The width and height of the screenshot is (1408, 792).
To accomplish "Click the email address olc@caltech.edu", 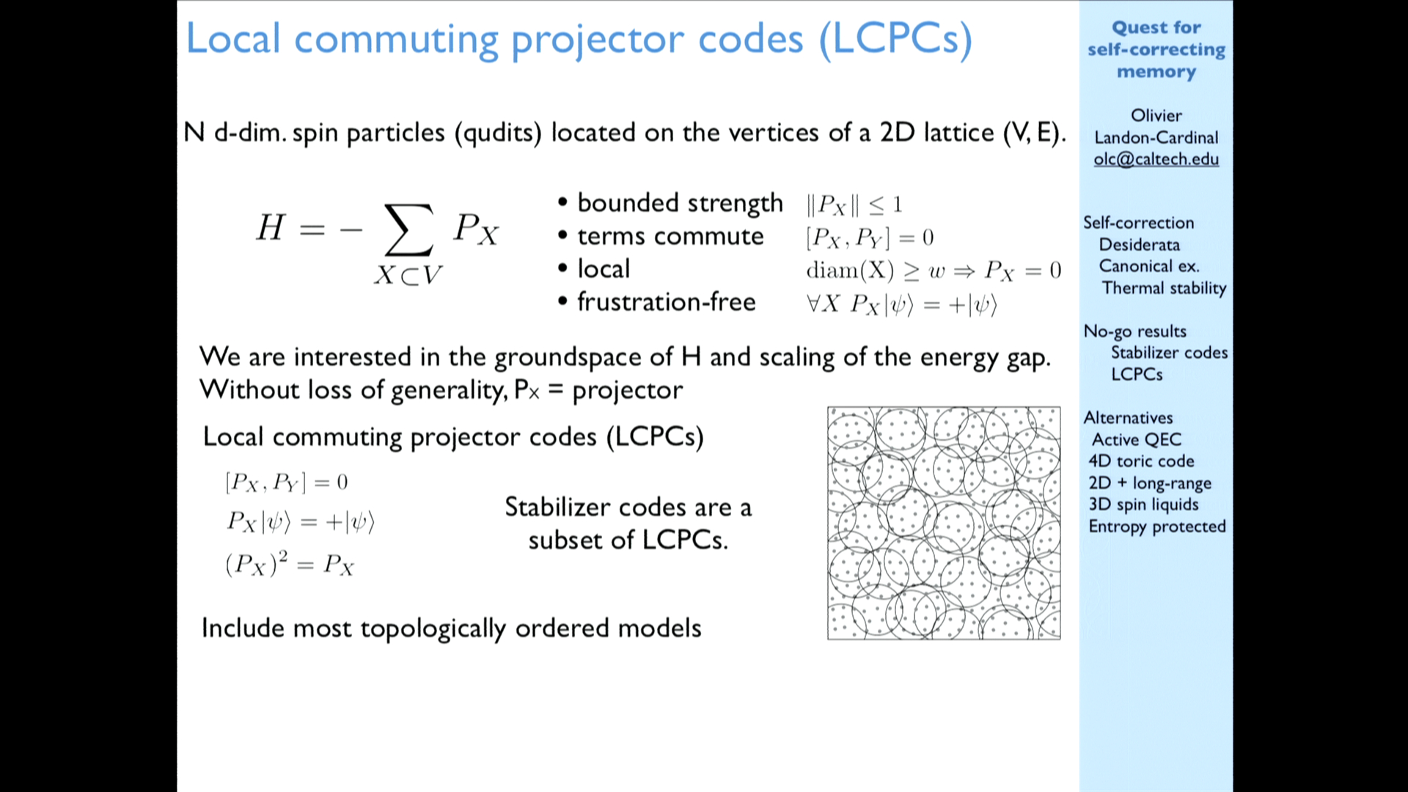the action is pos(1156,159).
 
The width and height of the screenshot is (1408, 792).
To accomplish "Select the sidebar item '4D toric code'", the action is pos(1141,461).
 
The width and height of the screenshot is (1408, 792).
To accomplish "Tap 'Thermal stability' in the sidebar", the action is pos(1164,288).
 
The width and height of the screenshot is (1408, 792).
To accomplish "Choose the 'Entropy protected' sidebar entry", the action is pos(1157,527).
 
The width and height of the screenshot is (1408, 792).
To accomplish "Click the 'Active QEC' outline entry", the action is pos(1137,439).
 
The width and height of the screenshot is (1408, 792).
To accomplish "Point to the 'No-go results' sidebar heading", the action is pos(1134,331).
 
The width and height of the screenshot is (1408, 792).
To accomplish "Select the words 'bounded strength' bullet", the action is pos(680,203).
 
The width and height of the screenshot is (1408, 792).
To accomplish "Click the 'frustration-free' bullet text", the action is pos(667,301).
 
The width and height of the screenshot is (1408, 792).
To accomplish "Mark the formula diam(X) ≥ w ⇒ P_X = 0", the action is pos(934,271).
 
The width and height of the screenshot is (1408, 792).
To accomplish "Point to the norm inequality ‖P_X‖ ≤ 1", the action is pos(854,205).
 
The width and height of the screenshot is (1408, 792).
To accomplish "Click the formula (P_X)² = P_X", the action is pos(290,564).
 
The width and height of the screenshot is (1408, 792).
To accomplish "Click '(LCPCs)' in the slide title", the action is pos(895,39).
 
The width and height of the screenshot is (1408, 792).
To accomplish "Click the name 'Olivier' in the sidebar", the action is pos(1156,115).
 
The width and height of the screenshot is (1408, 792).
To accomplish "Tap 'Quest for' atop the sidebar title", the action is pos(1156,28).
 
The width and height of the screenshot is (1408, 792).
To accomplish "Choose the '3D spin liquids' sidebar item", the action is pos(1143,505).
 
